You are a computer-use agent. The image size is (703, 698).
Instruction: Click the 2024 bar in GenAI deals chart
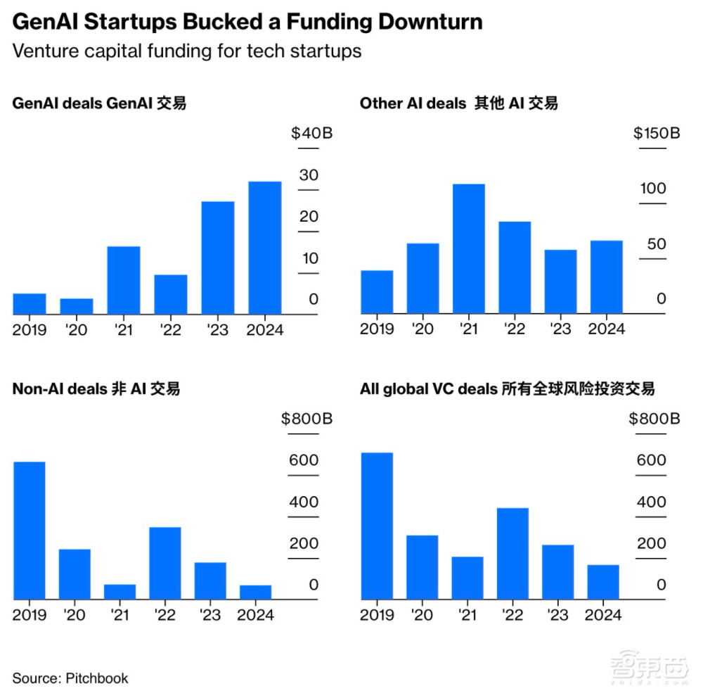point(265,248)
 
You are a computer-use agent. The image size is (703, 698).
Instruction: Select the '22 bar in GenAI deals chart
point(171,294)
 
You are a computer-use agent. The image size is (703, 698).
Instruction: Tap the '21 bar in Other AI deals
point(468,248)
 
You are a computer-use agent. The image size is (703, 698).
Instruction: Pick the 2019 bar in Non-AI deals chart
point(29,531)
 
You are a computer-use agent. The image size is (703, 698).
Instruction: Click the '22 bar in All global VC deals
point(512,554)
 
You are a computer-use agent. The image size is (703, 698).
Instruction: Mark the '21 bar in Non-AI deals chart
point(120,592)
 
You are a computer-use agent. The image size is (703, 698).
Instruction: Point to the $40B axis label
point(311,134)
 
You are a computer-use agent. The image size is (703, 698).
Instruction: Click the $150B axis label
point(656,134)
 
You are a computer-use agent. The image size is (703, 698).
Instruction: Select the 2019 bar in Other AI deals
point(377,292)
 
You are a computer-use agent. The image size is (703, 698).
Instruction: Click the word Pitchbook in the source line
point(97,678)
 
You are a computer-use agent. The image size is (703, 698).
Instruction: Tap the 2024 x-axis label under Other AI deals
point(607,329)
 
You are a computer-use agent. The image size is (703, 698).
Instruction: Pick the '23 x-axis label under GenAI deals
point(218,329)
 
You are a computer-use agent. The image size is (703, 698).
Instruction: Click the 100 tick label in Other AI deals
point(652,189)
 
